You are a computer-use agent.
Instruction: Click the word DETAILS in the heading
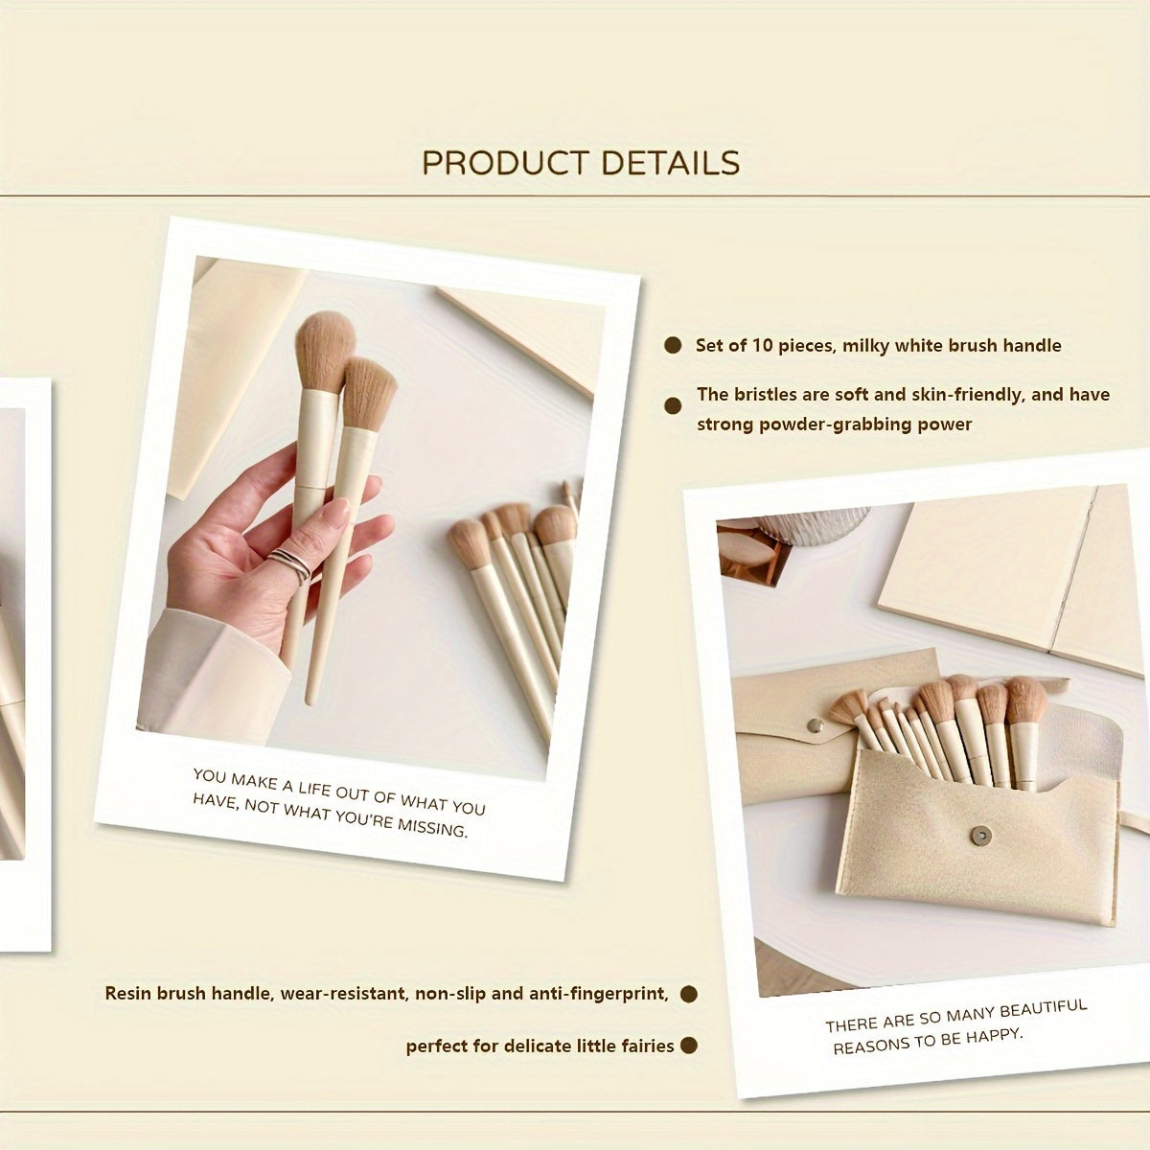pyautogui.click(x=671, y=163)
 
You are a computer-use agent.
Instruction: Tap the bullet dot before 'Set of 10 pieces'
pyautogui.click(x=674, y=346)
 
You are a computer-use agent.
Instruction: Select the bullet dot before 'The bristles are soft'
pyautogui.click(x=674, y=406)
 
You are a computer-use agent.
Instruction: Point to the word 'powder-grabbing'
pyautogui.click(x=826, y=425)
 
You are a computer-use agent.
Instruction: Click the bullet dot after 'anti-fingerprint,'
pyautogui.click(x=688, y=995)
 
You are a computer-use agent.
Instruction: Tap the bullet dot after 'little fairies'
pyautogui.click(x=688, y=1046)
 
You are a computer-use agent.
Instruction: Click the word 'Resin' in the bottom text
pyautogui.click(x=128, y=994)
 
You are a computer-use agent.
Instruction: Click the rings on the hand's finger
pyautogui.click(x=290, y=564)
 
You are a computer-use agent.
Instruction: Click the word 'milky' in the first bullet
pyautogui.click(x=867, y=346)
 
